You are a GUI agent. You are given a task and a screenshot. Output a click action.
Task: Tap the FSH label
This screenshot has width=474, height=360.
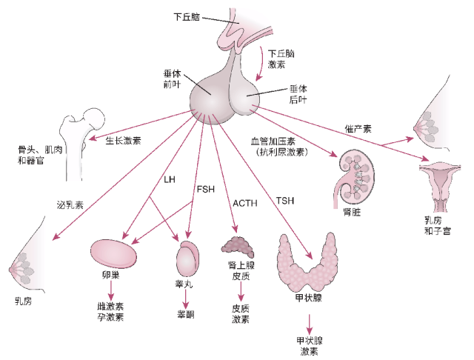[x=206, y=190]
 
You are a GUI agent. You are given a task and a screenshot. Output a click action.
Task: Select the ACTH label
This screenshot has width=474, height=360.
[x=244, y=202]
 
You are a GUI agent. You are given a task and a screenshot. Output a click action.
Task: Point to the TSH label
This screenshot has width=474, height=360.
[x=285, y=201]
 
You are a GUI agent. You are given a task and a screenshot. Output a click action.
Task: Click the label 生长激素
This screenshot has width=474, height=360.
[x=123, y=140]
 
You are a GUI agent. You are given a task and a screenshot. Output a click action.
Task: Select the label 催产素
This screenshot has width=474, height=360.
[x=358, y=128]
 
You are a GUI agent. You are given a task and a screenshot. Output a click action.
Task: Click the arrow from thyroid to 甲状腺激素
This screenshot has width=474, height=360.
[x=310, y=324]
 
